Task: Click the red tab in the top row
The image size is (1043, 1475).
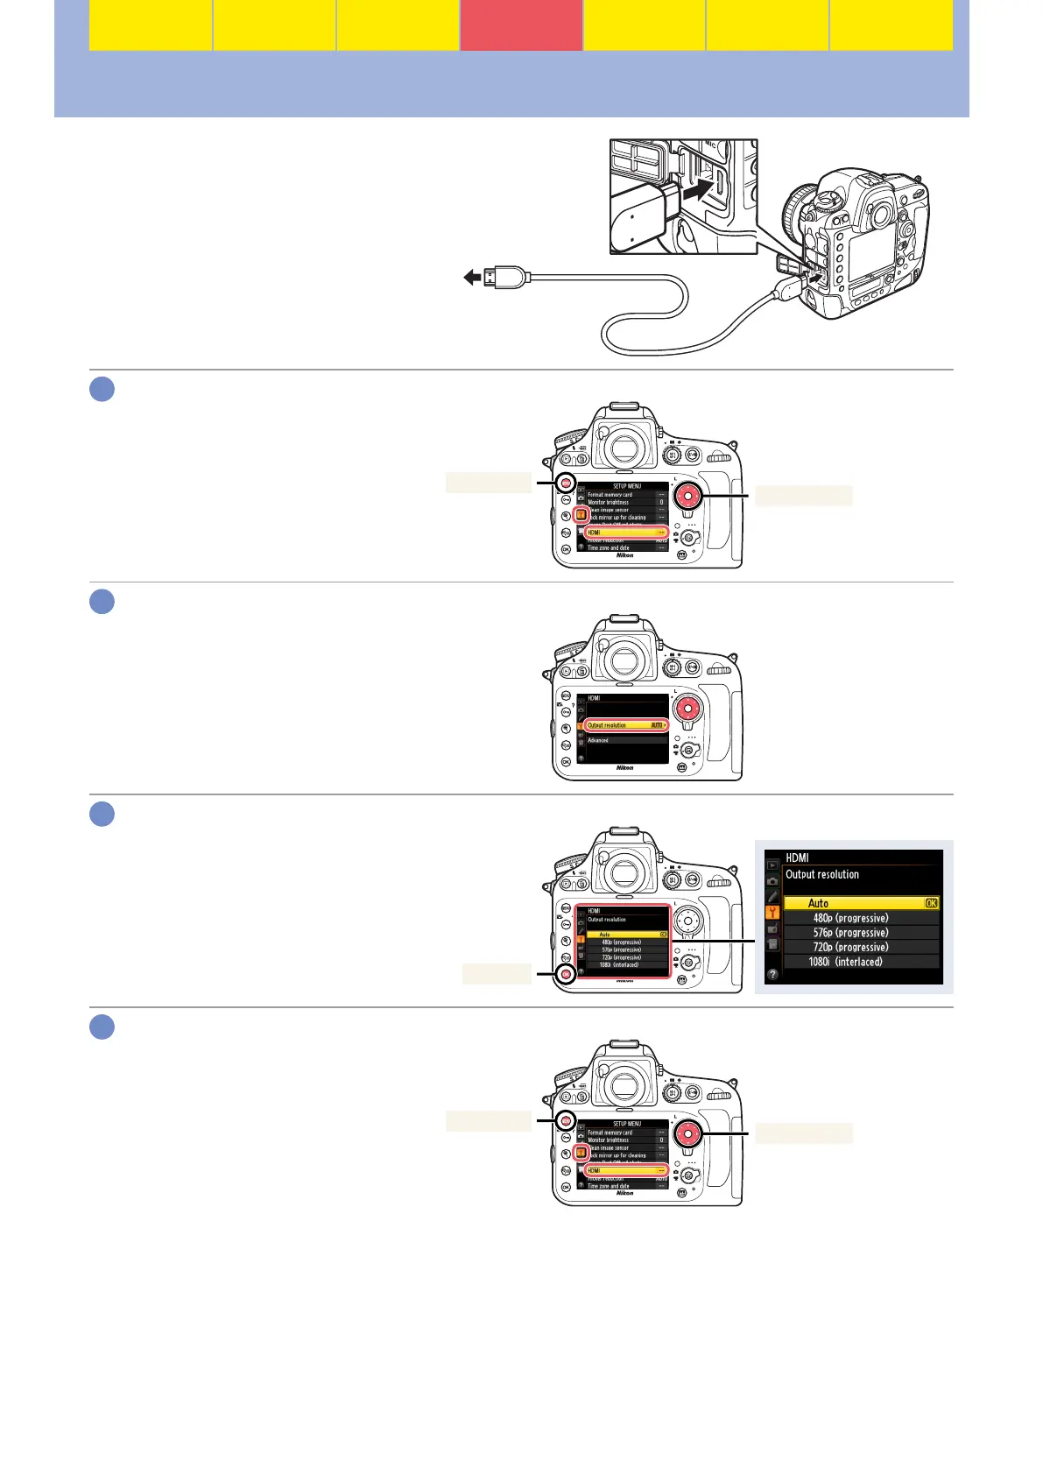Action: [521, 25]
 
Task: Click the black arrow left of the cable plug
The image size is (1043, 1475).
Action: [473, 278]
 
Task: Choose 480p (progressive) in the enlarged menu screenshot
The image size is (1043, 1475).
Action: [850, 918]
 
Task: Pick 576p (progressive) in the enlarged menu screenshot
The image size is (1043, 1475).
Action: [850, 933]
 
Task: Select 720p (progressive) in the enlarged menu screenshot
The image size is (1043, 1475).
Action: [850, 947]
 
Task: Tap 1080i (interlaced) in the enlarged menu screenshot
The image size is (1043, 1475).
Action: [845, 962]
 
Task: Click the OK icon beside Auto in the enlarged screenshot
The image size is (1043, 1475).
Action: [931, 903]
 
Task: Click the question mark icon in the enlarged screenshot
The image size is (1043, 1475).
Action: [772, 974]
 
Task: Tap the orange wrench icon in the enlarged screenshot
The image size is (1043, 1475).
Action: [772, 912]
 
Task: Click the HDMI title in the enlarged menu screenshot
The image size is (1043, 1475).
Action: [797, 857]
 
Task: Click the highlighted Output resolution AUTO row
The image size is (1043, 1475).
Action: [625, 725]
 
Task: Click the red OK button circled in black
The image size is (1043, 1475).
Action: [567, 974]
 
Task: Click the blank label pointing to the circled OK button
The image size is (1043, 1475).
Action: [497, 974]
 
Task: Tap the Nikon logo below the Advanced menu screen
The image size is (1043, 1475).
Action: [624, 768]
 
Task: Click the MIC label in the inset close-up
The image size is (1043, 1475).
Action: [712, 145]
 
